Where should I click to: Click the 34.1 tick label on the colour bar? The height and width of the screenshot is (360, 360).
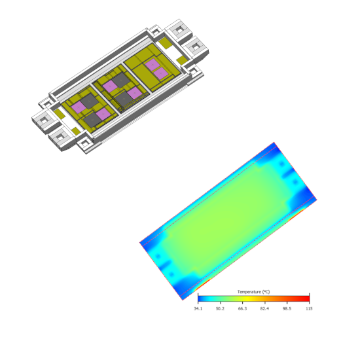coord(198,308)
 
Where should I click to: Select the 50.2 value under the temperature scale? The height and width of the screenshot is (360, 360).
coord(220,308)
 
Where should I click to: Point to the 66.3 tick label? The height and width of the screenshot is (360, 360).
coord(242,308)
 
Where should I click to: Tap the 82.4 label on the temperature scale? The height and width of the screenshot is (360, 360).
coord(264,308)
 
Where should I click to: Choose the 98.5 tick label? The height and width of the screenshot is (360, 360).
coord(287,308)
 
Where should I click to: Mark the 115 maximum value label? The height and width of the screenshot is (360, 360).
coord(309,308)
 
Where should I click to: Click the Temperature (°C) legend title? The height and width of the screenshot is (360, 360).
coord(253,292)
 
